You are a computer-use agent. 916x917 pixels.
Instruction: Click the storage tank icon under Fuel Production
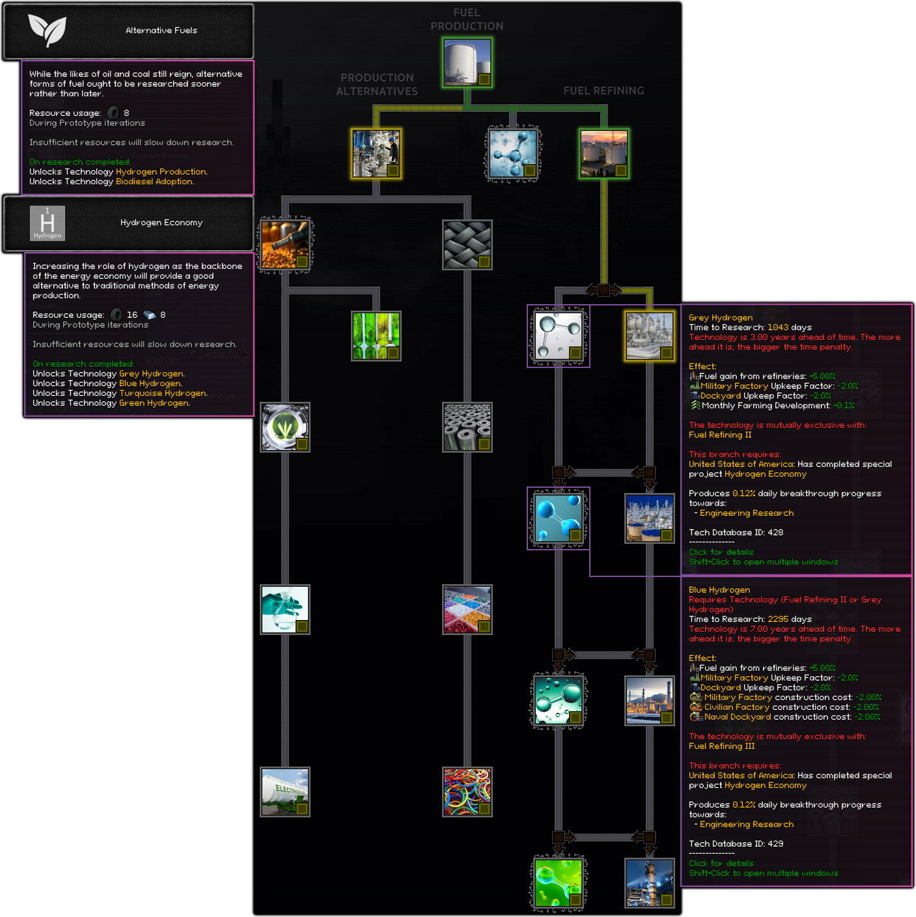coord(467,62)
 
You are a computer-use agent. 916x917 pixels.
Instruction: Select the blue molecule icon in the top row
coord(513,154)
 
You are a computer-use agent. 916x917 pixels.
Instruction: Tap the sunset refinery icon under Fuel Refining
coord(604,154)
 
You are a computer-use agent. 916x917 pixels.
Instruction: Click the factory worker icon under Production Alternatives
coord(376,154)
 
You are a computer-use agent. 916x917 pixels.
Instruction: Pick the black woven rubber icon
coord(467,244)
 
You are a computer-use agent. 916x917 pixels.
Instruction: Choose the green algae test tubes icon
coord(376,335)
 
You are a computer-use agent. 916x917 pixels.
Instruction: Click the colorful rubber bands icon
coord(467,791)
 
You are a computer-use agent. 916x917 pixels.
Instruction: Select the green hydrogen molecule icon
coord(559,882)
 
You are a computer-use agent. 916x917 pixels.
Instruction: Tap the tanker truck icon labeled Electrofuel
coord(285,791)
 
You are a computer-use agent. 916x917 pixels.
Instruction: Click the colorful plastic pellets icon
coord(467,609)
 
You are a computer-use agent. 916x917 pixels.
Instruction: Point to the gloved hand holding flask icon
coord(285,609)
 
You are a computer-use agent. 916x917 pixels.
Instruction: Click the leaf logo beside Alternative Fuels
coord(47,30)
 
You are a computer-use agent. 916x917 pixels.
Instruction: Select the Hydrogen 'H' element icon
coord(48,223)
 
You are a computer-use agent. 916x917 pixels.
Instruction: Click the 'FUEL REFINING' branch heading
coord(604,91)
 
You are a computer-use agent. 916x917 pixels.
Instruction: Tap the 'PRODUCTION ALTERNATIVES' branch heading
coord(377,84)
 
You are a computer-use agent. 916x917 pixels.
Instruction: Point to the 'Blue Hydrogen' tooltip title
coord(719,589)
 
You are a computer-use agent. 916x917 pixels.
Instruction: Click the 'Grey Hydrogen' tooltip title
coord(720,317)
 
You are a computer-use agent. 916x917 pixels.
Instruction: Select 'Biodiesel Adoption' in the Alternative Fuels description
coord(154,181)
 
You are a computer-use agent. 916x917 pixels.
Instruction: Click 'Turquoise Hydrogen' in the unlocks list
coord(162,393)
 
